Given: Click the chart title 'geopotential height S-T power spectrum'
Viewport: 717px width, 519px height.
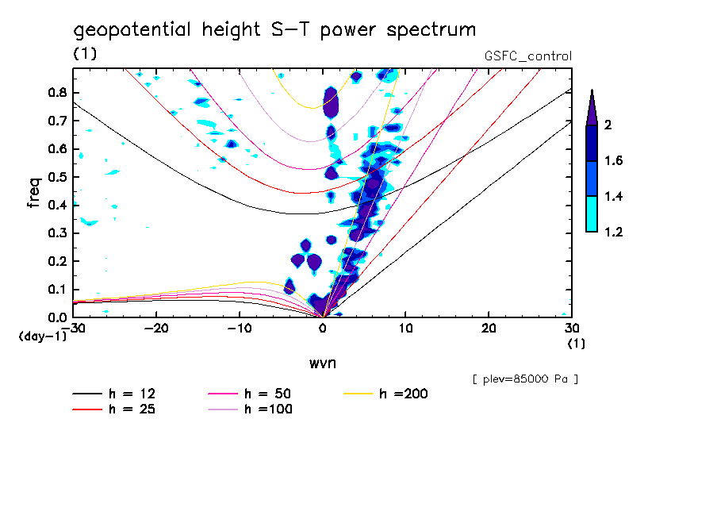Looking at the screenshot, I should pyautogui.click(x=274, y=30).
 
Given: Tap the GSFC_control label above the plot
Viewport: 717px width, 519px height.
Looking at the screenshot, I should pyautogui.click(x=527, y=56).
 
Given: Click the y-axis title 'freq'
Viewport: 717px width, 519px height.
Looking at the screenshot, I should pyautogui.click(x=34, y=192).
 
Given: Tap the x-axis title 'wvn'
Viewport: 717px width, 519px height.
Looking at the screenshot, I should pyautogui.click(x=322, y=363).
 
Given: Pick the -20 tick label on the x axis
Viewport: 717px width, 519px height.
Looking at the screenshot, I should pyautogui.click(x=156, y=329).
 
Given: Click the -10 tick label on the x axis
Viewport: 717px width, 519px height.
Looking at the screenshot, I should pyautogui.click(x=240, y=329).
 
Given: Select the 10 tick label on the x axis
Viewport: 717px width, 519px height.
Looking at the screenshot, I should pyautogui.click(x=405, y=329).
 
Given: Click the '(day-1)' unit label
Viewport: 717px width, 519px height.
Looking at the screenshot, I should pyautogui.click(x=42, y=336).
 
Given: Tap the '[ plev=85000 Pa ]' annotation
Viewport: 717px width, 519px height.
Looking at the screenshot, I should pyautogui.click(x=525, y=379).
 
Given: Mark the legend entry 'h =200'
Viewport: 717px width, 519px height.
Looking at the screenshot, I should pyautogui.click(x=404, y=394).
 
